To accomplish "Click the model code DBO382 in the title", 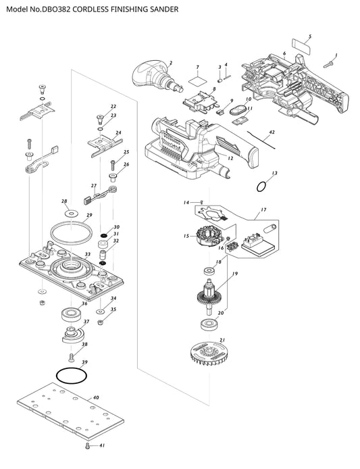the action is (x=57, y=9).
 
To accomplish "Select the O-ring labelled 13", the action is (x=261, y=187).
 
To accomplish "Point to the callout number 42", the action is (x=272, y=132).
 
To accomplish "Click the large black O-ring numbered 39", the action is (x=72, y=375).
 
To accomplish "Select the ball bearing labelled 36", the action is (x=71, y=315).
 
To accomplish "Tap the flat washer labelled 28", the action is (x=71, y=214).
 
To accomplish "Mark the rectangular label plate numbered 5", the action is (x=301, y=47).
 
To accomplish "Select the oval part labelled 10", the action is (x=238, y=111).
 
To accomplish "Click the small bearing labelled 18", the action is (x=209, y=272).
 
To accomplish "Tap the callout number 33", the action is (x=87, y=255).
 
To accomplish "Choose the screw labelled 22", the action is (x=100, y=120).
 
